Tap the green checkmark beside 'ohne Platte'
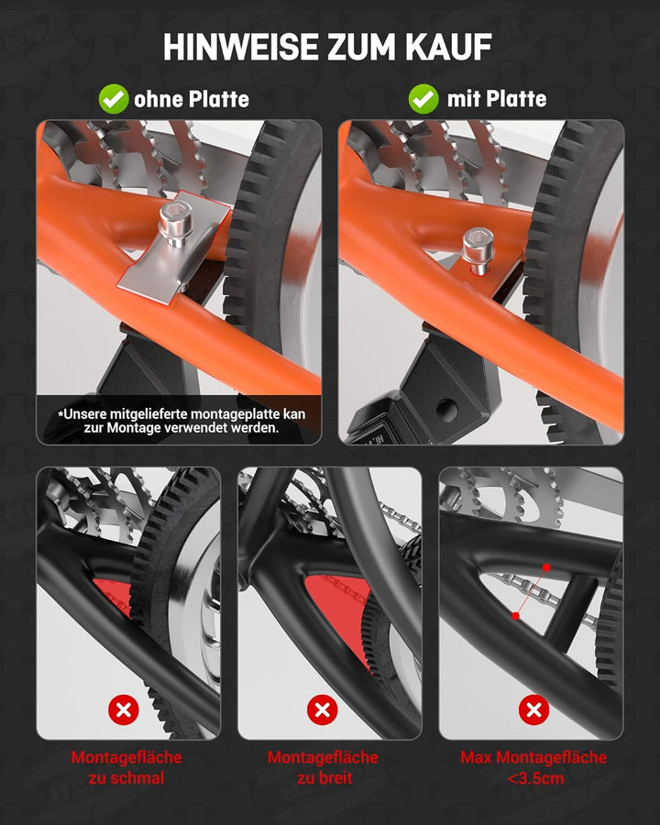[x=113, y=99]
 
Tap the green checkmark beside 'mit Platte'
[x=423, y=98]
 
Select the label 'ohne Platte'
[x=192, y=99]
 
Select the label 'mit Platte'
[x=497, y=98]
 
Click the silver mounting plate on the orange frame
[x=173, y=247]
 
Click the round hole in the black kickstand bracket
[x=446, y=408]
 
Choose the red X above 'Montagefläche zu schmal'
[x=124, y=710]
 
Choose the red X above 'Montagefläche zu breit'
[x=322, y=709]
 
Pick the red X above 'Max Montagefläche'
[x=533, y=709]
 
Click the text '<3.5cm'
[x=535, y=777]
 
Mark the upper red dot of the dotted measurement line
[x=546, y=567]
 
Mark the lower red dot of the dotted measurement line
[x=516, y=616]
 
